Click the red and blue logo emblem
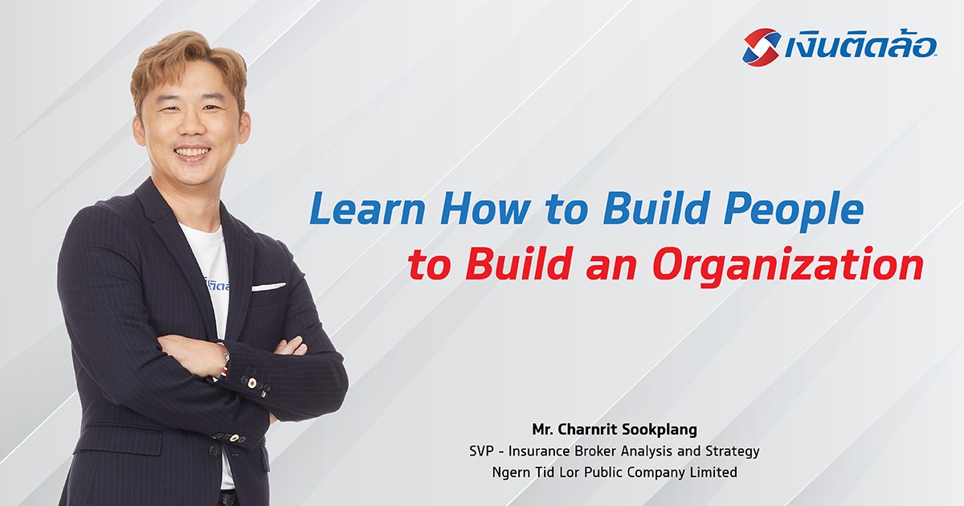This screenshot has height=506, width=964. [x=762, y=47]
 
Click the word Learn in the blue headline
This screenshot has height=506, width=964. [x=367, y=209]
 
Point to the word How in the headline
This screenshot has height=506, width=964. [x=485, y=209]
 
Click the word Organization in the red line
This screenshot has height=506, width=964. [x=787, y=266]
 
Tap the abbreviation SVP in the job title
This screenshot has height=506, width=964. [x=480, y=451]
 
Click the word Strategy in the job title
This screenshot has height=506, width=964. [x=733, y=451]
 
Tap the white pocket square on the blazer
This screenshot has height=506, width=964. [x=268, y=287]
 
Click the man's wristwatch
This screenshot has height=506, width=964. [x=225, y=357]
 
